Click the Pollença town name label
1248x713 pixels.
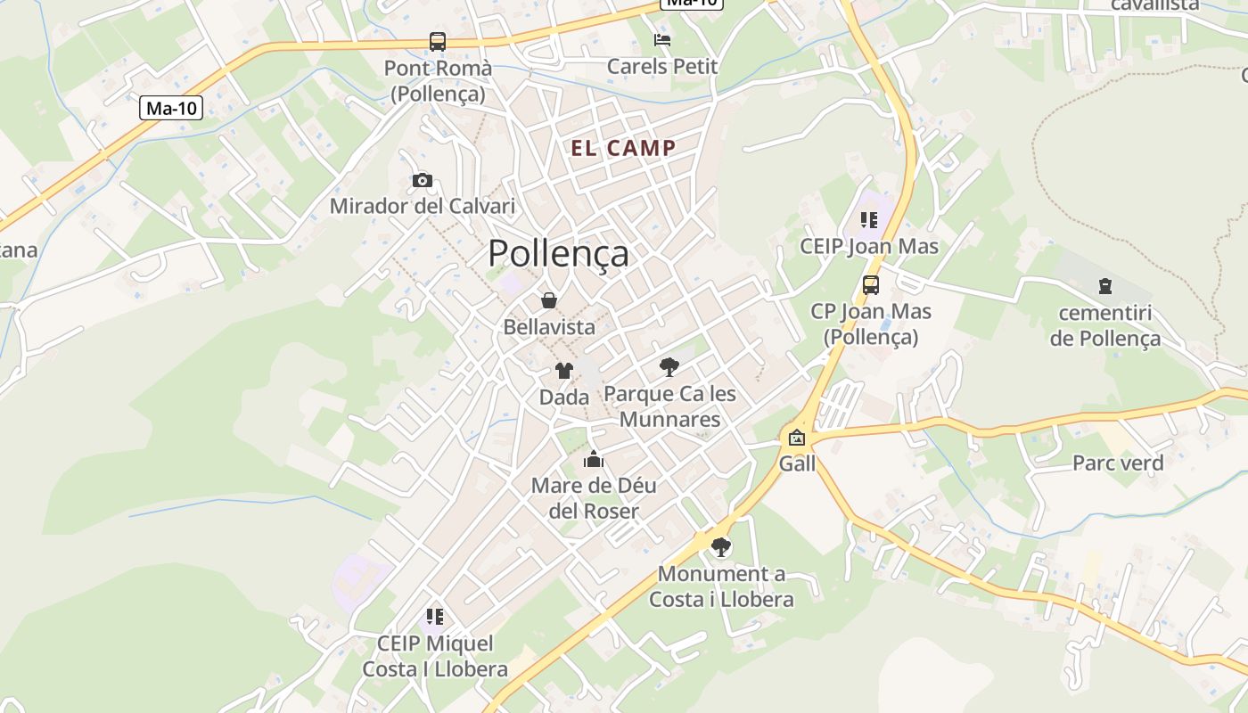pos(558,254)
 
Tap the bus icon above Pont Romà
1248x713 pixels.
pos(437,41)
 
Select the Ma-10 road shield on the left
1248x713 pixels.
pos(171,109)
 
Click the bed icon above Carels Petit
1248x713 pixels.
pos(661,39)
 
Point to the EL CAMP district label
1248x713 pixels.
pos(623,149)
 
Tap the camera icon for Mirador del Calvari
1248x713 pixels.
pos(422,181)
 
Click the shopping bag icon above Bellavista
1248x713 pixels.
pos(549,300)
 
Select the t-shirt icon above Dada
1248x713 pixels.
pos(563,371)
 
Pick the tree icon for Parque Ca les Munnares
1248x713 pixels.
pos(669,366)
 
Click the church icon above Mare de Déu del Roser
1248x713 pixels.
pos(593,460)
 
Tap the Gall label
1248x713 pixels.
pos(797,464)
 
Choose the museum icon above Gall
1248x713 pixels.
pos(796,438)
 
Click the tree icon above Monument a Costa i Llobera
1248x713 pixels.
pos(720,547)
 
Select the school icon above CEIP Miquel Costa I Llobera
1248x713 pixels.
pos(434,617)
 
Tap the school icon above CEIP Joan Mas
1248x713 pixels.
pos(869,220)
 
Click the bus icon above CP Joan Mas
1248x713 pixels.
pos(870,285)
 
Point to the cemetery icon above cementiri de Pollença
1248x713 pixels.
pos(1105,286)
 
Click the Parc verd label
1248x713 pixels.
pos(1117,463)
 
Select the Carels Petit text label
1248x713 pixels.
pos(661,67)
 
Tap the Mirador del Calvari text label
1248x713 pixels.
pos(422,207)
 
